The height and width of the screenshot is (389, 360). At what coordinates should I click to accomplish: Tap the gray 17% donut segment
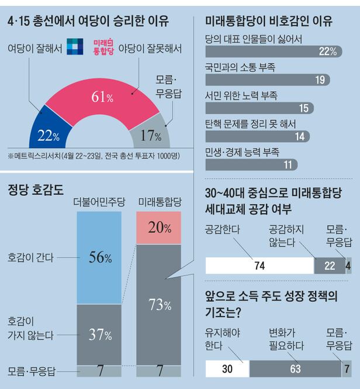(x=151, y=135)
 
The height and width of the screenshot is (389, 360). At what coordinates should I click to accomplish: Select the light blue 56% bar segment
(x=99, y=257)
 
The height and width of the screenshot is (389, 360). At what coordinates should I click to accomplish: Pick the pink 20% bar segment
(x=159, y=228)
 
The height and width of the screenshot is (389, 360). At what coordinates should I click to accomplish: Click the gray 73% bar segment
(x=159, y=304)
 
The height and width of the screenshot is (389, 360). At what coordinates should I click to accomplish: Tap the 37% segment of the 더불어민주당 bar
(x=99, y=335)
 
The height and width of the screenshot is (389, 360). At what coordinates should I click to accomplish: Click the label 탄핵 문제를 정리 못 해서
(x=251, y=123)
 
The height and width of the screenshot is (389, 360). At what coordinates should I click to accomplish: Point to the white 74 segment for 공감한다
(x=259, y=266)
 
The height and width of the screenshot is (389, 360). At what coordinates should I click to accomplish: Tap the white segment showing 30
(x=228, y=369)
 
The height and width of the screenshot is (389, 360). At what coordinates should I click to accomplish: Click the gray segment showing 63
(x=295, y=369)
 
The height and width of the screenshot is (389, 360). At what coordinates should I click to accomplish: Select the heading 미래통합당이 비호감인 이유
(x=269, y=22)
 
